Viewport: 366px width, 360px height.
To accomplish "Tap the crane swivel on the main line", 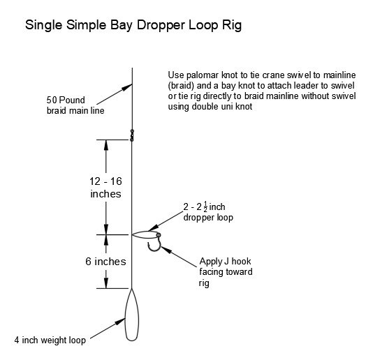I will [x=132, y=133].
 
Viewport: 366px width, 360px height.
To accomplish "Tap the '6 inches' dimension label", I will [x=105, y=262].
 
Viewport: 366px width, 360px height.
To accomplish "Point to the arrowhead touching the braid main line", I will [x=128, y=87].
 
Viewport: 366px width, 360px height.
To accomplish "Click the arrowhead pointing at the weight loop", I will [x=121, y=322].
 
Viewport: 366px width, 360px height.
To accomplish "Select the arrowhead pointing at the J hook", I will [x=167, y=249].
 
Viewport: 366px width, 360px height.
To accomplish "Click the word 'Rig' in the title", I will [x=233, y=27].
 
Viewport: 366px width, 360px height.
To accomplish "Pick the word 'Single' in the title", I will [x=43, y=27].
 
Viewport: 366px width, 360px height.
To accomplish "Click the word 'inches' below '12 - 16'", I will [x=105, y=193].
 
